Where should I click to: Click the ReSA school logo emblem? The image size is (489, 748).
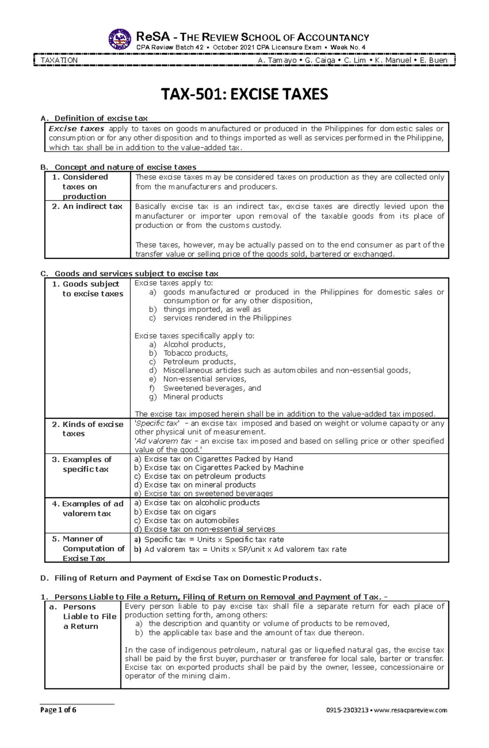[x=120, y=40]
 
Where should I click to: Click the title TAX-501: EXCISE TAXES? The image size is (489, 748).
[x=244, y=94]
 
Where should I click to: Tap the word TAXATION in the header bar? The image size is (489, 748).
[x=59, y=60]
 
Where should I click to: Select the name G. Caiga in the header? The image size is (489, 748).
[x=319, y=60]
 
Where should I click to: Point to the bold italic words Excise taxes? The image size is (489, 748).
[x=77, y=128]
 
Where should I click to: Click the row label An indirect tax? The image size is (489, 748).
[x=88, y=206]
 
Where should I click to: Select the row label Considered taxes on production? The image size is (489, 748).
[x=85, y=187]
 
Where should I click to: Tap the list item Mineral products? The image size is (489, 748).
[x=193, y=397]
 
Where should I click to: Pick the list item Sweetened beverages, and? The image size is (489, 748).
[x=212, y=388]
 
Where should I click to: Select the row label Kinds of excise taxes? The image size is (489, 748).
[x=88, y=429]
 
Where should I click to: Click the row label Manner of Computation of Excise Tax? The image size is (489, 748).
[x=88, y=549]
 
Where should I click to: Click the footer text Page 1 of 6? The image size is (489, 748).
[x=58, y=710]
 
